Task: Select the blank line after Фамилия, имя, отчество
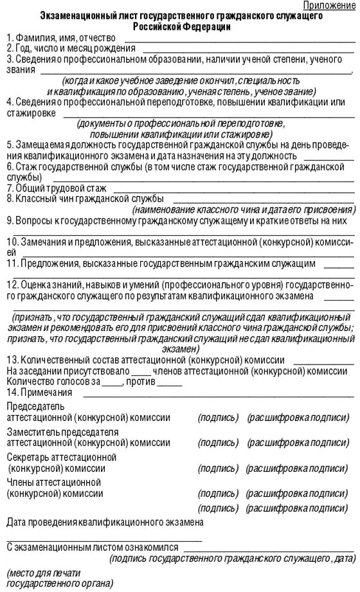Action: click(x=239, y=40)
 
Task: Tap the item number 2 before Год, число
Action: click(x=9, y=48)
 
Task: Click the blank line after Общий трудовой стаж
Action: click(x=231, y=191)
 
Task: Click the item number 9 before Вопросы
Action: click(x=9, y=221)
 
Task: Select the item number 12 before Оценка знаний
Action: click(x=12, y=284)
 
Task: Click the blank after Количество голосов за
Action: click(x=112, y=383)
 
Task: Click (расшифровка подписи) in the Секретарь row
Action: click(x=299, y=469)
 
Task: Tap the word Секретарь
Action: click(x=28, y=457)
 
